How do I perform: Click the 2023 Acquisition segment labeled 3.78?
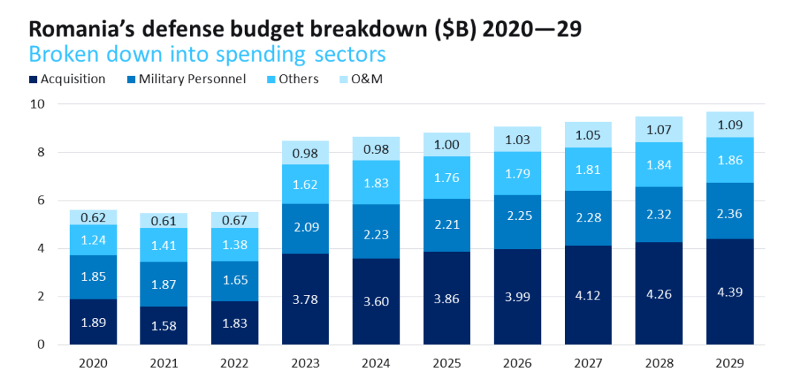click(x=306, y=299)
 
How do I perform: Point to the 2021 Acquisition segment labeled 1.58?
click(x=165, y=325)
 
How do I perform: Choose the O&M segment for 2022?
click(x=235, y=220)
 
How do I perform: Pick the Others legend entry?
click(x=296, y=79)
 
